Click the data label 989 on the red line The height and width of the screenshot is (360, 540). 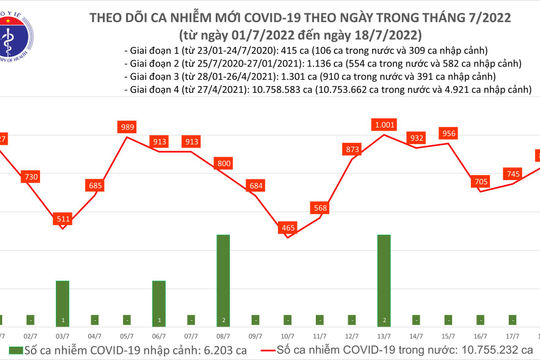point(126,127)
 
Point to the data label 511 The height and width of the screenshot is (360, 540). point(62,218)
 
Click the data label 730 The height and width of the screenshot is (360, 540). point(31,176)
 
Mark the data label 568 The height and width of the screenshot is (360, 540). point(320,208)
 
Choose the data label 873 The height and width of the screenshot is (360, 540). point(352,149)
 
